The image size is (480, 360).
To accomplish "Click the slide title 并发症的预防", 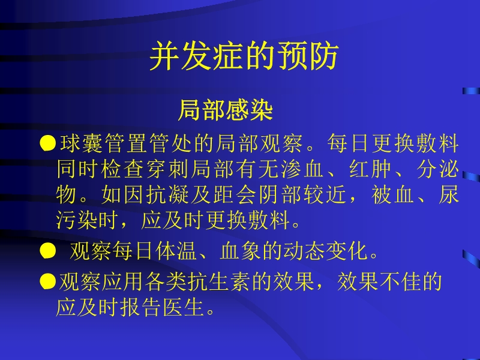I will pyautogui.click(x=244, y=58).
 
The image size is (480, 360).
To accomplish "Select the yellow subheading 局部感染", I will pyautogui.click(x=226, y=110).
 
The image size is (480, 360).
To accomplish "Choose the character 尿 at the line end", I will pyautogui.click(x=449, y=196).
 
